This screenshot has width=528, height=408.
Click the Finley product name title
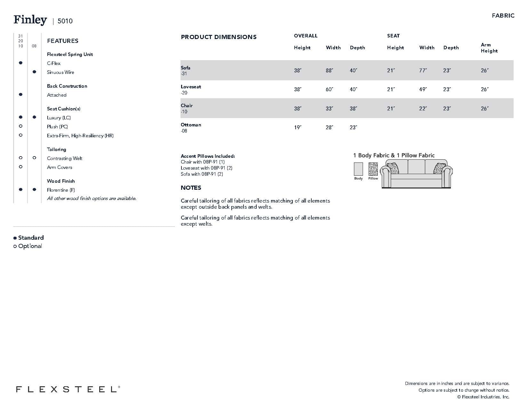[x=30, y=20]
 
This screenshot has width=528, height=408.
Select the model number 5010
[x=65, y=21]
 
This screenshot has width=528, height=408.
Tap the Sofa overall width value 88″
[x=329, y=70]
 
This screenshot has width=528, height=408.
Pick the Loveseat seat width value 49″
[x=423, y=90]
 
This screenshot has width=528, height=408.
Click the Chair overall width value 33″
[x=329, y=109]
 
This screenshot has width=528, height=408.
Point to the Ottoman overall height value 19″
[x=298, y=128]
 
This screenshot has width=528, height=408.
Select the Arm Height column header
[x=489, y=48]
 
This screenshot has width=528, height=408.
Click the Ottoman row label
[x=191, y=125]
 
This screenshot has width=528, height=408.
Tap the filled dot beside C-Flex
[x=21, y=63]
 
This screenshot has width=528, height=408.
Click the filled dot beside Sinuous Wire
[x=35, y=72]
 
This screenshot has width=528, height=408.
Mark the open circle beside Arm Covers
[x=21, y=167]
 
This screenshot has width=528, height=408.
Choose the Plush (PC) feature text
[x=57, y=127]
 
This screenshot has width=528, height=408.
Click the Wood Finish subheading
[x=61, y=181]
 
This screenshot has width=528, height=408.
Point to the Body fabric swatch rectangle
[x=358, y=169]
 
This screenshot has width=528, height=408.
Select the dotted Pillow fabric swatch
[x=373, y=169]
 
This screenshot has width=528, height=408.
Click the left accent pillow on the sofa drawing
[x=393, y=168]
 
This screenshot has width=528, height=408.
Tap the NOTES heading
[x=191, y=188]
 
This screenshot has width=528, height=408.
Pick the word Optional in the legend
[x=30, y=246]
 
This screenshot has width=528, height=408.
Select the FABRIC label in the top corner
[x=503, y=16]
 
